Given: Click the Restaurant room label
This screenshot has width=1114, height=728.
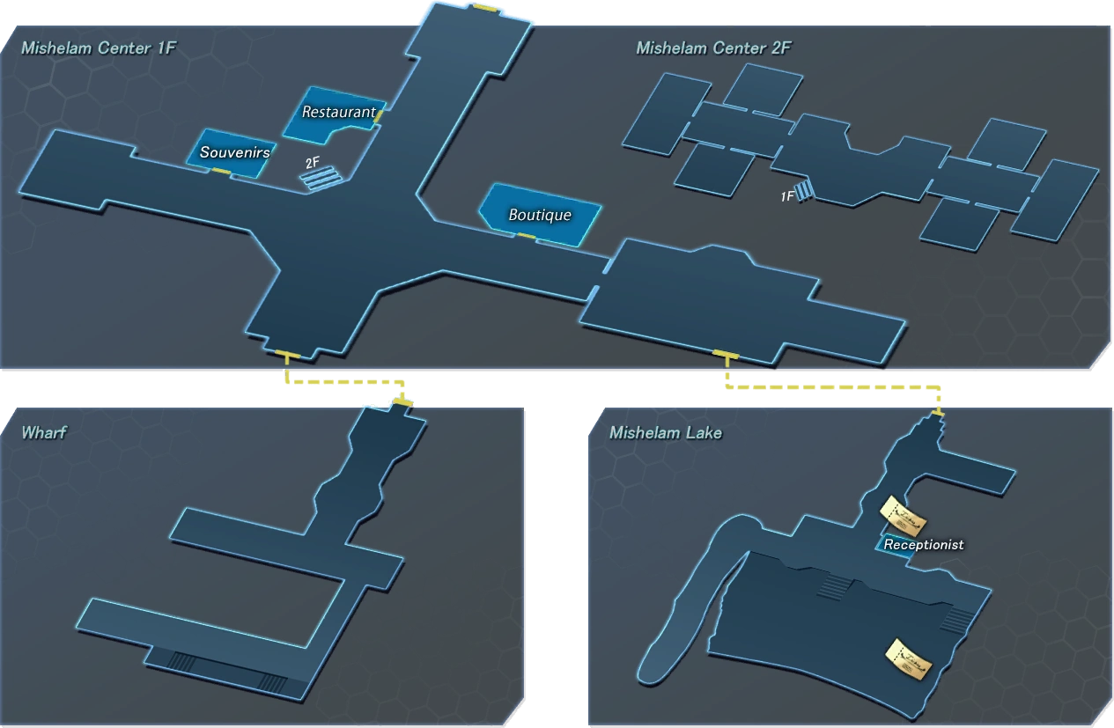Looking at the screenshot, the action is coord(339,112).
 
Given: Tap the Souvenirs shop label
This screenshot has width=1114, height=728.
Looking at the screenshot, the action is coord(235,152).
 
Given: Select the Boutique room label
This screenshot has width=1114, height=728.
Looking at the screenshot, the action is coord(540,215).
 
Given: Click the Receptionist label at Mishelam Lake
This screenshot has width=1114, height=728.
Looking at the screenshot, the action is coord(924,545).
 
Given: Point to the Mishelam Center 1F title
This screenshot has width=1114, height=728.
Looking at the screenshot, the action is coord(99,48).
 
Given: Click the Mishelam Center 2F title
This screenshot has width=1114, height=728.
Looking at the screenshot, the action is coord(713,48).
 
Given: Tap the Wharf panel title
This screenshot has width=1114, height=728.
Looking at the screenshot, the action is coord(44,432).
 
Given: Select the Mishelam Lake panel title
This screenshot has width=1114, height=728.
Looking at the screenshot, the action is coord(666,432).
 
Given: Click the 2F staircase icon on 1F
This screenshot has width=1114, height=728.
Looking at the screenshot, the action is coord(321,178).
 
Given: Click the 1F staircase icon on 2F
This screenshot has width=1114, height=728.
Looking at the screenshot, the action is coord(805,190).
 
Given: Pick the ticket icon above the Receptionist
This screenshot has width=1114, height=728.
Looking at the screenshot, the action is coord(904,517).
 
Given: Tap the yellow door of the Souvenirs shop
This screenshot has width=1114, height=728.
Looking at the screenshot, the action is coord(221,172).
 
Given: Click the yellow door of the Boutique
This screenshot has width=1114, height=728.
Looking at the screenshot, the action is coord(527,236).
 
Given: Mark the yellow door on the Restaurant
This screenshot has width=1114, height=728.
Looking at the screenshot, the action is coord(379,116).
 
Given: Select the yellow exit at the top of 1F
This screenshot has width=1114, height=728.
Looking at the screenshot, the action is coord(485,7).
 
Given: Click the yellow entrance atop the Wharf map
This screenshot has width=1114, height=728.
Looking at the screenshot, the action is coord(402,401).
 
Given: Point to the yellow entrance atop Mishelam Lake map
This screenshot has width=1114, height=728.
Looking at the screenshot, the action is coord(938,413).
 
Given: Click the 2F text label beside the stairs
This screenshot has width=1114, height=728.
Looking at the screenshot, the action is coord(313,163).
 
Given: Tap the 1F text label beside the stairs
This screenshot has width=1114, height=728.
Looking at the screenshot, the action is coord(786,197).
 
